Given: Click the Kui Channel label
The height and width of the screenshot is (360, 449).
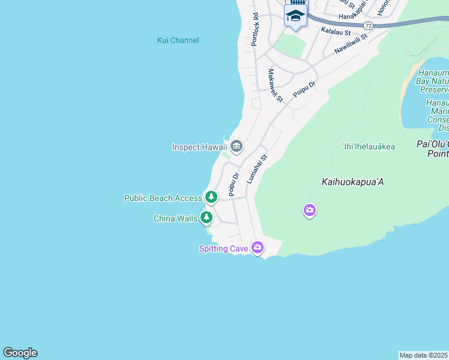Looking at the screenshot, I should coord(178,40).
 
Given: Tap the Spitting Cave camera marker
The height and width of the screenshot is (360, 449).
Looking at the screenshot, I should coord(258,247).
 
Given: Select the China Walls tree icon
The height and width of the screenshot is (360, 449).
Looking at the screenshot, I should coord(206,217).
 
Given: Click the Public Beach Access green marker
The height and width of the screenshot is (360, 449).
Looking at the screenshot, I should coord(211,197).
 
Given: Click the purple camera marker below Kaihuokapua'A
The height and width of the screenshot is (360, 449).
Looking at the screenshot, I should coord(309,210).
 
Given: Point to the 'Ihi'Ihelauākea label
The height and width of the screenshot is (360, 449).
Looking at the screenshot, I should coord(369,146).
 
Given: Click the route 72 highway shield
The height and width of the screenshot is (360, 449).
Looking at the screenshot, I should coord(369,26).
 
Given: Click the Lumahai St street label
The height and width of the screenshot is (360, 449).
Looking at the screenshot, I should coord(256,169).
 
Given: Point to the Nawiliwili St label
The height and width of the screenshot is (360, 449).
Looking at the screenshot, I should coord(351,43).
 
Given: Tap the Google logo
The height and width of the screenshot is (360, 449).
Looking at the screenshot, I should coord(20,353).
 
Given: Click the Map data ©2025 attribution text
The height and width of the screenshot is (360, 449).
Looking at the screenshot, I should coord(424,355).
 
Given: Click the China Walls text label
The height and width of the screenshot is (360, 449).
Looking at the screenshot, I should coord(175,218).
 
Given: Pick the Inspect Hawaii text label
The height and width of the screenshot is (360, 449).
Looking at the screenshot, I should coord(199,147).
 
